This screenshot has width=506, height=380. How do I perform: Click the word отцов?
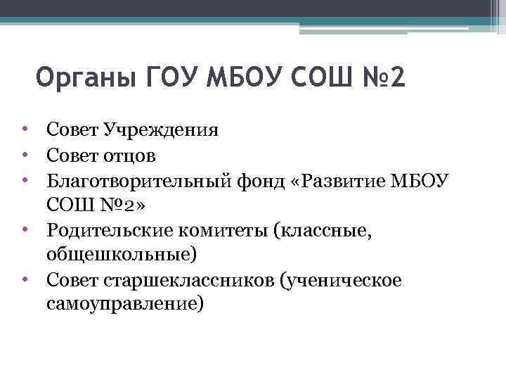click(x=130, y=155)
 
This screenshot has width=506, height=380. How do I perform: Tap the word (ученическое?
click(x=342, y=280)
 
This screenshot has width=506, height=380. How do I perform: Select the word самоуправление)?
click(x=126, y=305)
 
